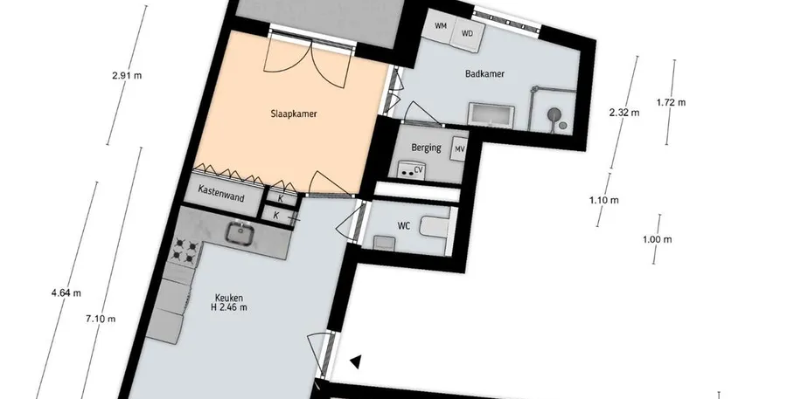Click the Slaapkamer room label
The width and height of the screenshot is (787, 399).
[294, 114]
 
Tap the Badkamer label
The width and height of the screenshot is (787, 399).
[484, 73]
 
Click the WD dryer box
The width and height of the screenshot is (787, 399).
[468, 35]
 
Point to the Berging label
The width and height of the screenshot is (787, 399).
[426, 148]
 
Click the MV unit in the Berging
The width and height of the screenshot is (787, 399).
[460, 149]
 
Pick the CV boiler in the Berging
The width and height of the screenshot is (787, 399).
[412, 169]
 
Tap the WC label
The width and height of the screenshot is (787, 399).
[404, 226]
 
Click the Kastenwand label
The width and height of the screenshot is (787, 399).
[221, 193]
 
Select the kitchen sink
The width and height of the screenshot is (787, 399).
[241, 234]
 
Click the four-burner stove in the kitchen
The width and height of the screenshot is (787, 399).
[184, 251]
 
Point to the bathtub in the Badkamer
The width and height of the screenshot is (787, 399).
[491, 114]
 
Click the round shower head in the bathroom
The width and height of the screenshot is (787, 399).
[554, 114]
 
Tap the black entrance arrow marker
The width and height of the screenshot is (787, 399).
[356, 362]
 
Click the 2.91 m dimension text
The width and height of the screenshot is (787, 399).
[127, 76]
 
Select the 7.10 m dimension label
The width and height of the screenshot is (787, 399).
[101, 319]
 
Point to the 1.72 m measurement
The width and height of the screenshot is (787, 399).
[671, 102]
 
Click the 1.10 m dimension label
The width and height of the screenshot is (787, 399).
[603, 200]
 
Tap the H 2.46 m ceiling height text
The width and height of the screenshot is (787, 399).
[229, 307]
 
